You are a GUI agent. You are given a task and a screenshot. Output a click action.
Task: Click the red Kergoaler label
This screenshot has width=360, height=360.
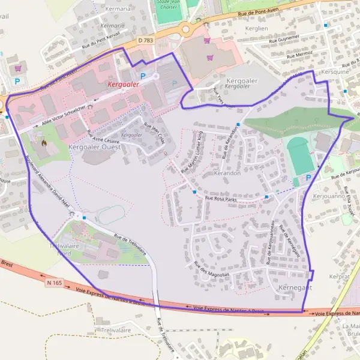[123, 85]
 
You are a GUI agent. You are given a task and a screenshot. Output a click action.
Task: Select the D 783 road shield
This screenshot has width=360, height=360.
[145, 40]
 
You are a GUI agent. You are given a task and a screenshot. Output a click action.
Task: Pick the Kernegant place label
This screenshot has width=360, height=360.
[295, 288]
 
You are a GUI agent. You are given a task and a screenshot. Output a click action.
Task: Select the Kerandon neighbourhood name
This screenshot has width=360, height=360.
[227, 173]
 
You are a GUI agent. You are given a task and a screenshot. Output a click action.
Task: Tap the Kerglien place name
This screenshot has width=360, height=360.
[256, 28]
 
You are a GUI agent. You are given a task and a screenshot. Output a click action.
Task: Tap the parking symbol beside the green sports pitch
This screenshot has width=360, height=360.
[309, 178]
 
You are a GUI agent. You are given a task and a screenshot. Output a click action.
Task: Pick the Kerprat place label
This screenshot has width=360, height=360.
[339, 277]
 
